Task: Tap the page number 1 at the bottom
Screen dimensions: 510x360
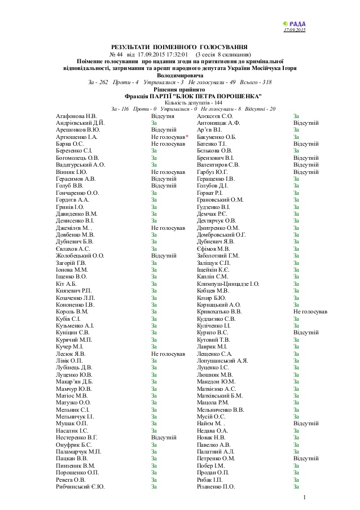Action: tap(304, 497)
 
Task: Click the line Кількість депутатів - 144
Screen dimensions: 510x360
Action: tap(179, 102)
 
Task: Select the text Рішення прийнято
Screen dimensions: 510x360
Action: tap(179, 89)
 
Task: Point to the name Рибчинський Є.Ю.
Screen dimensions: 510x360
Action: tap(80, 486)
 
